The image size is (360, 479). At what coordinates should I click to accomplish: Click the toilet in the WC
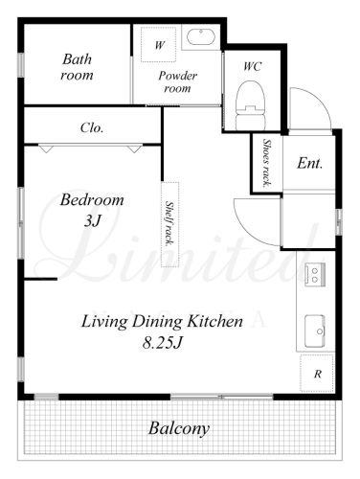click(251, 105)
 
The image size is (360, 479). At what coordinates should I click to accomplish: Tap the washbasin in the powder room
click(200, 36)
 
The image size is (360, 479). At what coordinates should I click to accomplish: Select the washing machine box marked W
click(159, 44)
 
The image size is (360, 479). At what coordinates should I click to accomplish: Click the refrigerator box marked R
click(317, 373)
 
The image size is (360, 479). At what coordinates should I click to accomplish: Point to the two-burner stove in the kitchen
click(315, 275)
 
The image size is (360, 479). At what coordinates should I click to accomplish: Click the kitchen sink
click(315, 331)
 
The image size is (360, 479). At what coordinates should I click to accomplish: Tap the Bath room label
click(77, 67)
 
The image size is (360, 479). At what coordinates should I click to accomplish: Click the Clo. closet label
click(92, 128)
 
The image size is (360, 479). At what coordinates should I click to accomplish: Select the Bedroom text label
click(92, 200)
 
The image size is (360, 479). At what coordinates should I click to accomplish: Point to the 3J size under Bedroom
click(93, 220)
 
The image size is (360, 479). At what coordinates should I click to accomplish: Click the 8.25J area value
click(162, 343)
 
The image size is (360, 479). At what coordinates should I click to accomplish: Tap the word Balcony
click(179, 428)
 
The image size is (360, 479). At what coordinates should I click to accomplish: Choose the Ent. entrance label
click(309, 163)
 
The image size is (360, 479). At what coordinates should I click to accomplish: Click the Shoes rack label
click(266, 163)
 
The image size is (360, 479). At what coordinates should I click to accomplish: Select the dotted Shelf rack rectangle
click(169, 224)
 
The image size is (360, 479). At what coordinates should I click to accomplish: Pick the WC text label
click(252, 66)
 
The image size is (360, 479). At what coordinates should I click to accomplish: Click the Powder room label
click(177, 81)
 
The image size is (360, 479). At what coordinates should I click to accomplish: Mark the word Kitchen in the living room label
click(214, 321)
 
